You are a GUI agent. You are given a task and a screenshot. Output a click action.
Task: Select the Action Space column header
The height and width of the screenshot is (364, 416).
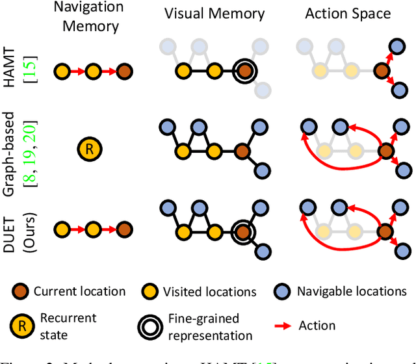[348, 12]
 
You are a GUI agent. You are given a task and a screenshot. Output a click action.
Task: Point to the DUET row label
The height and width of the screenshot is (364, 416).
[16, 231]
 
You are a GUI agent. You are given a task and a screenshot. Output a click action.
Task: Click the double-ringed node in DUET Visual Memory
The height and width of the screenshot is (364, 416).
[244, 231]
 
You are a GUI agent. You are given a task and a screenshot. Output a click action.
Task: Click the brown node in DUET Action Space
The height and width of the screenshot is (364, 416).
[385, 231]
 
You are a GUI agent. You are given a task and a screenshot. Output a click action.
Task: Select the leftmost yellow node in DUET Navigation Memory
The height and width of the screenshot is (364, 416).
[61, 231]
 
